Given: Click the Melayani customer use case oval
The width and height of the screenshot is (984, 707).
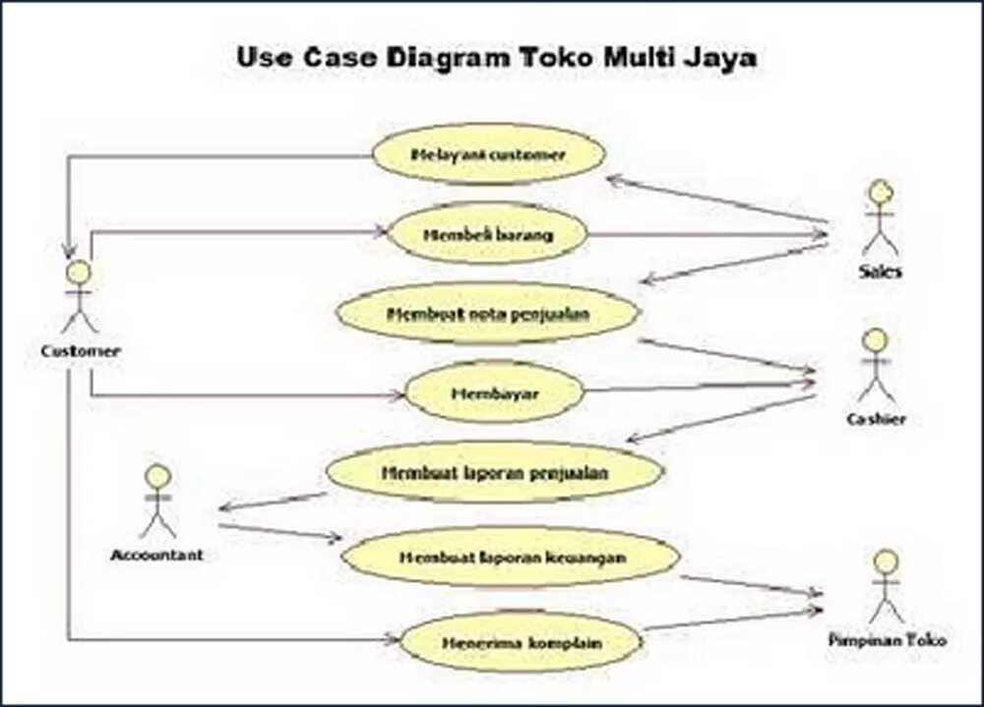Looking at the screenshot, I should (487, 155).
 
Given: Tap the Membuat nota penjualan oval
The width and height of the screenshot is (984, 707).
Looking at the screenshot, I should (487, 315).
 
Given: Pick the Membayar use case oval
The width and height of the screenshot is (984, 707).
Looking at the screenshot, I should (494, 392).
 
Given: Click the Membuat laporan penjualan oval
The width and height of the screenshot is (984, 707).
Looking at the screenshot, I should (494, 472).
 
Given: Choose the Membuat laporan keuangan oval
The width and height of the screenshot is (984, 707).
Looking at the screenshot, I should (511, 557).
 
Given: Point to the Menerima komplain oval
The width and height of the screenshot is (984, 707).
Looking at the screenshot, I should (522, 643).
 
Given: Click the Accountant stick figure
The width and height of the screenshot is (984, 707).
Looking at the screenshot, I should (156, 501).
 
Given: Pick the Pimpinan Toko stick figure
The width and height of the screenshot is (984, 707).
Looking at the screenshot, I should (887, 586).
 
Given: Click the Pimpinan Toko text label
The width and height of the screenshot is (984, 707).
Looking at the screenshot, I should (888, 639).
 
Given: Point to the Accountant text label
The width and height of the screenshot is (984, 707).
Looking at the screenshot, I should (156, 555).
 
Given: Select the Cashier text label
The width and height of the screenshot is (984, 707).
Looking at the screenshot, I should (876, 419).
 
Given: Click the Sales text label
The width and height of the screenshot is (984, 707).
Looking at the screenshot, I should (879, 271).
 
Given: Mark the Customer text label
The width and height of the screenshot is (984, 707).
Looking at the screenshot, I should (81, 351).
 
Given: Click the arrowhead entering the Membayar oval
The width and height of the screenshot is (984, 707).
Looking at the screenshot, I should (398, 395).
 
